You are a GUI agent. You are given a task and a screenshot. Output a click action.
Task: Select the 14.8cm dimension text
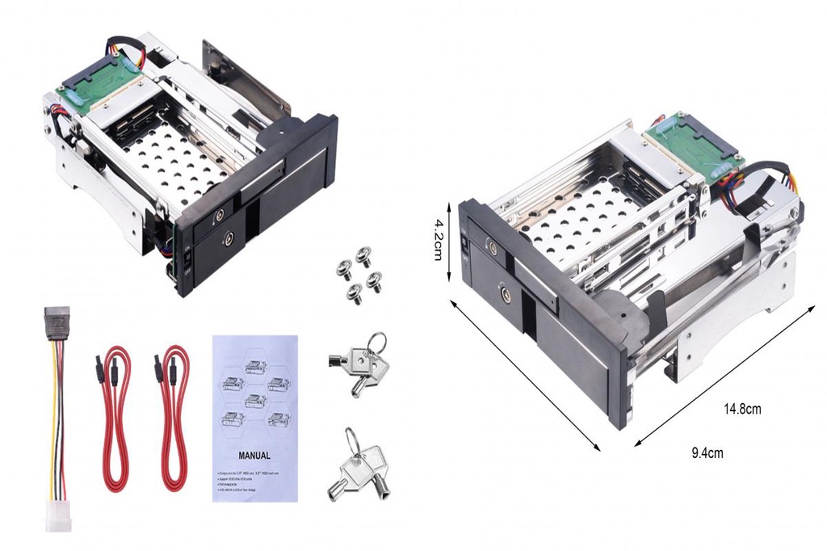click(x=741, y=409)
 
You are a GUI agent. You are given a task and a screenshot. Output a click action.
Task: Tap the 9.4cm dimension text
click(x=707, y=453)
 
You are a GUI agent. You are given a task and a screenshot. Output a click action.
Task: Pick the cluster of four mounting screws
click(x=358, y=275)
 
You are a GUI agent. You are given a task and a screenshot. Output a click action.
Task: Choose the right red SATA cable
click(x=173, y=417)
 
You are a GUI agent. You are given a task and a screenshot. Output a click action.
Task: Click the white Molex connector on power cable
click(x=58, y=515)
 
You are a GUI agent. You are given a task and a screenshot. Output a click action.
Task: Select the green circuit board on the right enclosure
click(x=691, y=141)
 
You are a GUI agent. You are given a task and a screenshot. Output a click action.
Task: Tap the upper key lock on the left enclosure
click(x=220, y=217)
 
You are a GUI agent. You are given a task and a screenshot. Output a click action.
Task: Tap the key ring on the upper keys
click(x=376, y=343)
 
